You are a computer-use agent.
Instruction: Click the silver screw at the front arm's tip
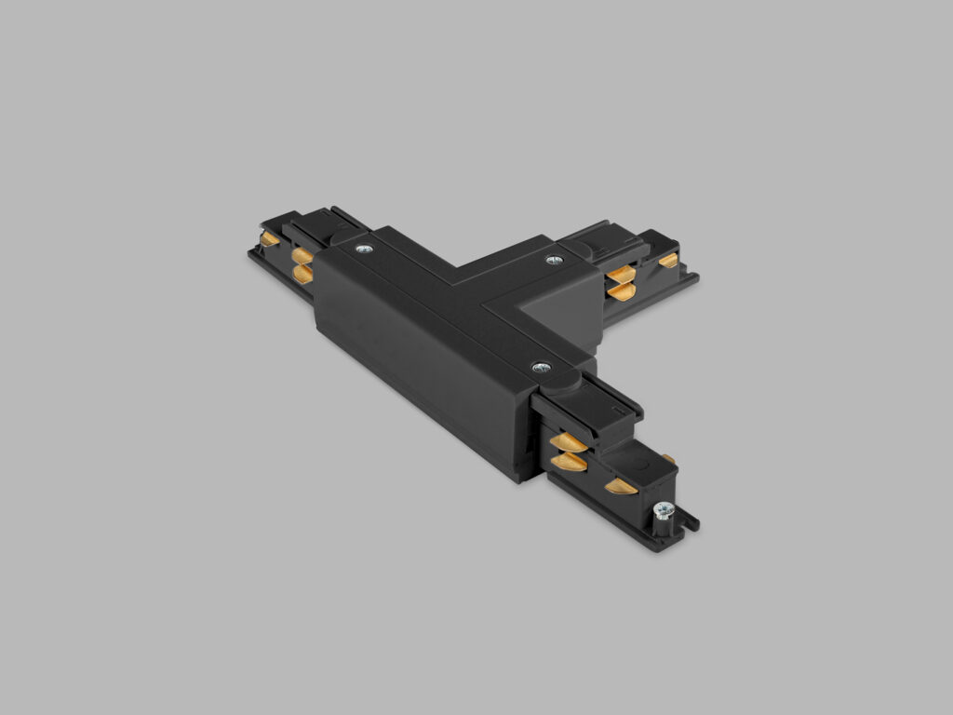[664, 509]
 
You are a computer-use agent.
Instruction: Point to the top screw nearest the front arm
[540, 368]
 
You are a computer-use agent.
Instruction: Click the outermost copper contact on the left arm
[269, 240]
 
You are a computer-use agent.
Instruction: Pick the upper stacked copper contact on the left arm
[302, 255]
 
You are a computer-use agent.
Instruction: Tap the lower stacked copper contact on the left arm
[302, 272]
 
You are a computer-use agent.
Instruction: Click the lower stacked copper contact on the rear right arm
[620, 292]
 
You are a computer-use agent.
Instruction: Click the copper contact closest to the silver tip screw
[621, 485]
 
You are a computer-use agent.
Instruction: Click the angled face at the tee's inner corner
[549, 322]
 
